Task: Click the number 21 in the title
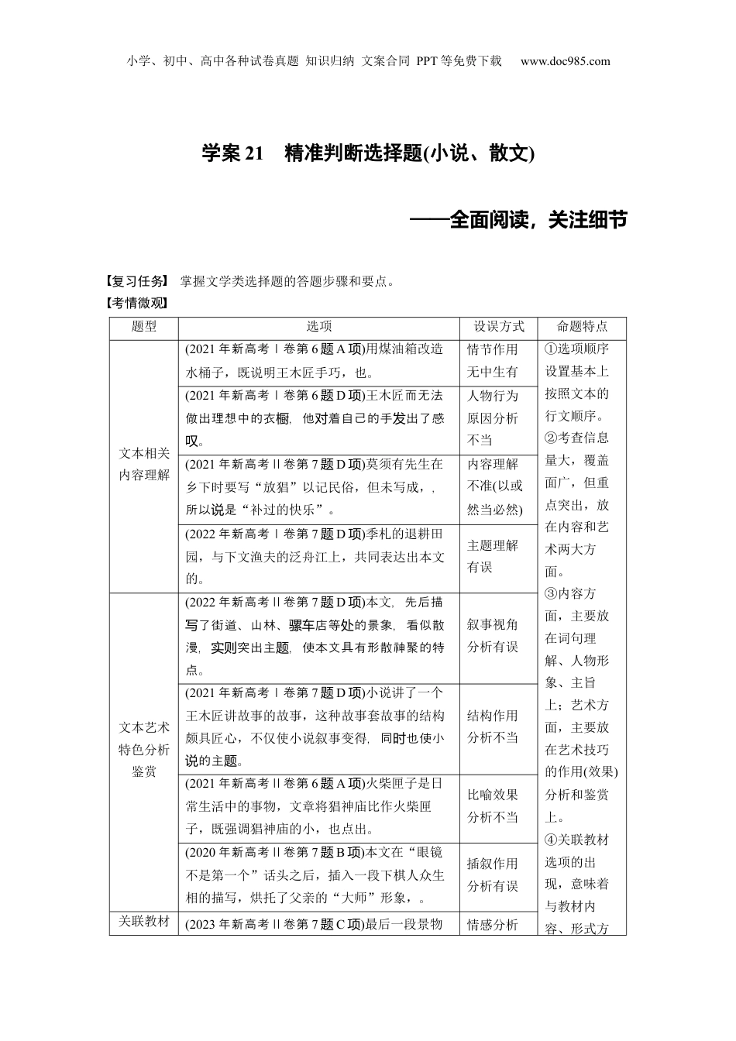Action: (254, 153)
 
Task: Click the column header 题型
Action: (144, 327)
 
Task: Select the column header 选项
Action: (319, 327)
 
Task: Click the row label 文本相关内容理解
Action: (144, 465)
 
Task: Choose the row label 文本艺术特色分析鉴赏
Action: (144, 749)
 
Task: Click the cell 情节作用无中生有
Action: (493, 361)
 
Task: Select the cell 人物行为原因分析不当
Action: (493, 418)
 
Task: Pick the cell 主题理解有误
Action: (493, 556)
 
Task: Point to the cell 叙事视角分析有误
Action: (493, 635)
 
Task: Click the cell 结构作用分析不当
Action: (493, 727)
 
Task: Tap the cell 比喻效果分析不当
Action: (493, 806)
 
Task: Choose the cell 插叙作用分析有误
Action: (493, 875)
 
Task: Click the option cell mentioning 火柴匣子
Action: (318, 806)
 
